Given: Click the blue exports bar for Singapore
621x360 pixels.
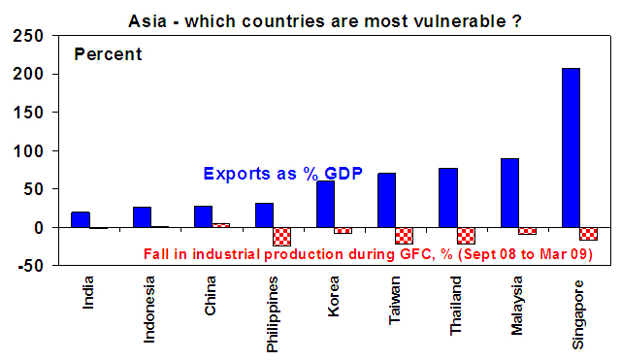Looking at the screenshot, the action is pyautogui.click(x=571, y=148).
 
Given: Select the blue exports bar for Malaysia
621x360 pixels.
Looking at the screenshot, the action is pyautogui.click(x=509, y=193).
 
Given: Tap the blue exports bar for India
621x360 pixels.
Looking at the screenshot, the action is pyautogui.click(x=81, y=220).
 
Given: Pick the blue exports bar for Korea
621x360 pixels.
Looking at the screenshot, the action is pyautogui.click(x=326, y=205).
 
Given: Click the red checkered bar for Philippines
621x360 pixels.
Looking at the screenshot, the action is pyautogui.click(x=282, y=237).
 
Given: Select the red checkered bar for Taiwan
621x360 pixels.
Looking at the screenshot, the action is pyautogui.click(x=404, y=236).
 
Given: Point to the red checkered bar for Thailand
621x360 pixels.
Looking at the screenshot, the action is pyautogui.click(x=466, y=236).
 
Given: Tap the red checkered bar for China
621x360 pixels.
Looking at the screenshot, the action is pyautogui.click(x=220, y=225).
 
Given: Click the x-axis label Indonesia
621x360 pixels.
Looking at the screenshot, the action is pyautogui.click(x=148, y=310).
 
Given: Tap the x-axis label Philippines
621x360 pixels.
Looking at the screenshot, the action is pyautogui.click(x=272, y=314).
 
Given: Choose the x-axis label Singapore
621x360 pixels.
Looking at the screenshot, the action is pyautogui.click(x=578, y=314).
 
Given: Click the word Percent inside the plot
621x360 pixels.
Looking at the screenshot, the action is pyautogui.click(x=108, y=54).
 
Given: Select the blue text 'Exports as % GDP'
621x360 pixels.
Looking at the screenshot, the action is pyautogui.click(x=282, y=174).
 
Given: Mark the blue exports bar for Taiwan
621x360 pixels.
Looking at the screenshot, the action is pyautogui.click(x=386, y=201).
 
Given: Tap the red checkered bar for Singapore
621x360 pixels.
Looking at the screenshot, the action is pyautogui.click(x=589, y=234).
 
